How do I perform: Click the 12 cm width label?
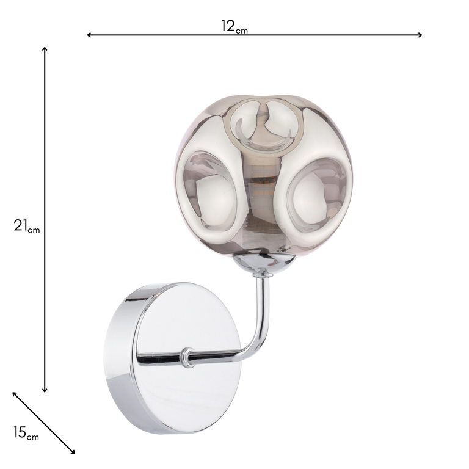pyautogui.click(x=234, y=26)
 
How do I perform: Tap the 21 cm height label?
pyautogui.click(x=26, y=226)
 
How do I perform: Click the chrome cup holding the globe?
pyautogui.click(x=263, y=264)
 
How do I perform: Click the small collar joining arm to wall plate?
pyautogui.click(x=187, y=357)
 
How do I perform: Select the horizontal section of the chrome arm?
pyautogui.click(x=220, y=357)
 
